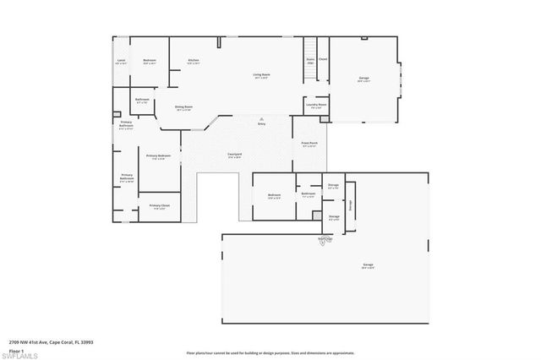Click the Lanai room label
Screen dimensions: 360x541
(121, 61)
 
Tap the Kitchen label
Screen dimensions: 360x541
(193, 61)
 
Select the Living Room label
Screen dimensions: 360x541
(261, 75)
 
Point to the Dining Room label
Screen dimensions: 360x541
(183, 107)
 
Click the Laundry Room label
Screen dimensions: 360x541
(316, 106)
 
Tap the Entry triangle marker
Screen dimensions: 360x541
(262, 118)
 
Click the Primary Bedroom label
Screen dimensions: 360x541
(158, 156)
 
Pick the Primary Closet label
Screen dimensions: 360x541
(159, 206)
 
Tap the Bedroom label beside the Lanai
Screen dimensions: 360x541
(149, 61)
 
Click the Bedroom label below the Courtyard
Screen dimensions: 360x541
(275, 195)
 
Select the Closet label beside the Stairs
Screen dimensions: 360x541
(323, 59)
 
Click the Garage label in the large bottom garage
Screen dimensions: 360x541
(369, 265)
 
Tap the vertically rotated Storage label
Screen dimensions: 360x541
(351, 205)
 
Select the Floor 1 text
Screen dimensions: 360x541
(16, 349)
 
